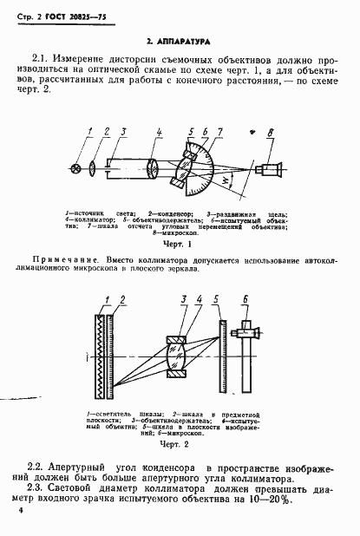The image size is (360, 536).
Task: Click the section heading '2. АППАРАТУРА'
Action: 180,41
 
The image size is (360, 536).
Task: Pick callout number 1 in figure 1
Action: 91,131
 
